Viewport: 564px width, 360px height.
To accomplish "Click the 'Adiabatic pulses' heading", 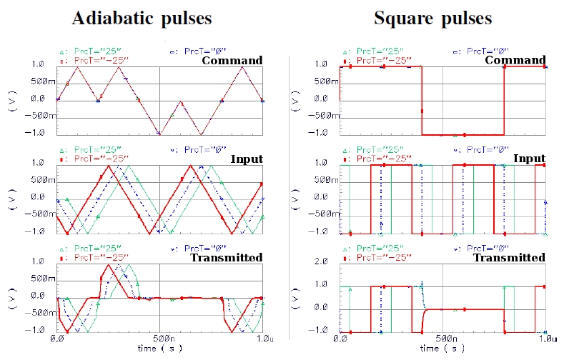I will pyautogui.click(x=142, y=19).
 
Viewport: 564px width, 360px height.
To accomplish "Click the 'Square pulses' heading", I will pyautogui.click(x=433, y=19).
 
